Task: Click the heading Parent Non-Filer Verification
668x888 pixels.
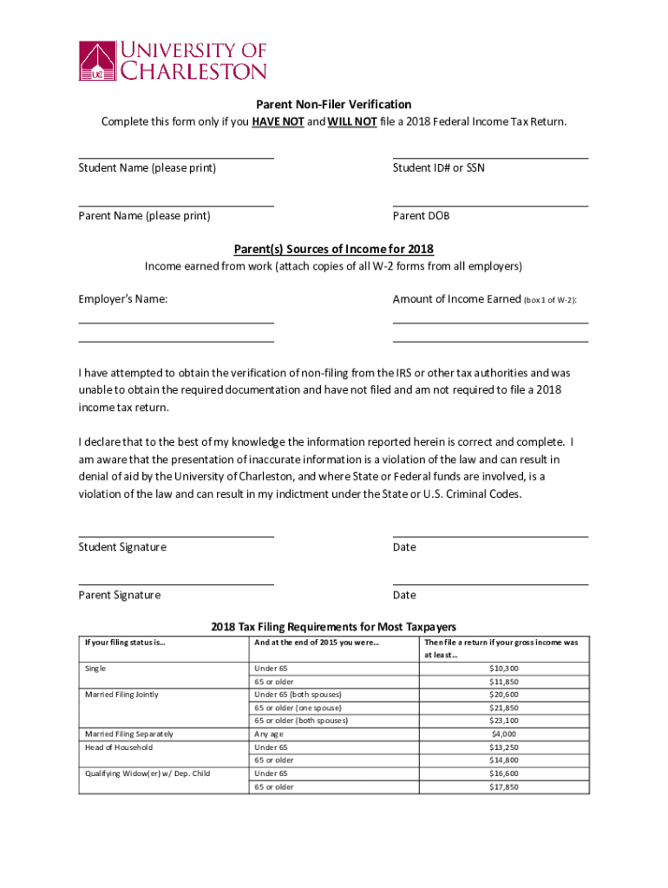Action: coord(334,105)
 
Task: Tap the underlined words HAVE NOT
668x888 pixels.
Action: coord(278,121)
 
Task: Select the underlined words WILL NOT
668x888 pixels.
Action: coord(351,121)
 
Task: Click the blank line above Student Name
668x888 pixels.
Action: coord(176,158)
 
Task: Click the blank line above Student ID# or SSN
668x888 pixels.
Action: coord(490,158)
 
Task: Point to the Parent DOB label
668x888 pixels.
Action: coord(421,216)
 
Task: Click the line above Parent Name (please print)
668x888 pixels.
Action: coord(176,206)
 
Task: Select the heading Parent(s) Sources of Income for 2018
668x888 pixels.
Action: coord(334,249)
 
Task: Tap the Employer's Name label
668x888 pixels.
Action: coord(122,299)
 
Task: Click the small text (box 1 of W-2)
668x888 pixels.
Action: coord(550,300)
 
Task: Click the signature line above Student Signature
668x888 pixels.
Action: coord(176,537)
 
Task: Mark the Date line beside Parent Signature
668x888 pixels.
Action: coord(490,584)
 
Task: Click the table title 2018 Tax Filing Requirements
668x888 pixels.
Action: coord(334,627)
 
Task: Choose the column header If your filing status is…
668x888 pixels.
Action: coord(125,643)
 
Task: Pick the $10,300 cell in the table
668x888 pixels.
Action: coord(504,669)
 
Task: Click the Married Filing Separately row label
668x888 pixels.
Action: coord(128,734)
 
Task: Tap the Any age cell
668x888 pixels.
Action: coord(269,734)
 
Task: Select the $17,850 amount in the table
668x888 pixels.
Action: coord(504,787)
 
